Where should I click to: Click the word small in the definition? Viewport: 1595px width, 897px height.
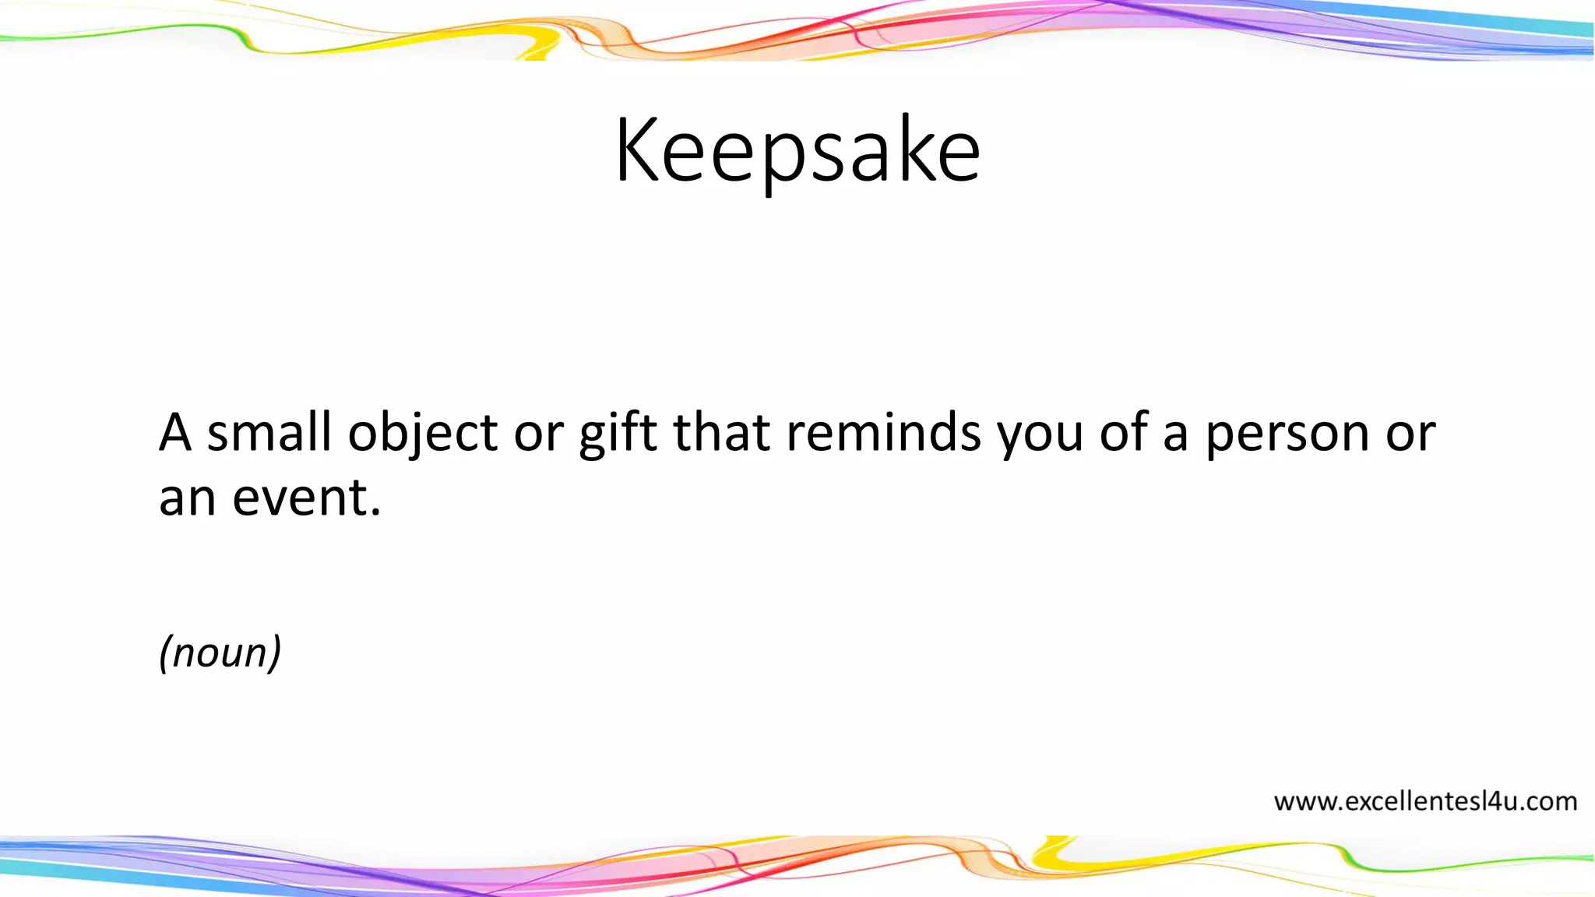click(269, 433)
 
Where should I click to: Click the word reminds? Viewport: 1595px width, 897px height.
click(883, 433)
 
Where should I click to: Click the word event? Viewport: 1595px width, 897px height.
click(300, 498)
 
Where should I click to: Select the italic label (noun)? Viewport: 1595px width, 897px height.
click(220, 653)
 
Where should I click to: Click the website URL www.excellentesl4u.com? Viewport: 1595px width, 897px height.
click(1425, 801)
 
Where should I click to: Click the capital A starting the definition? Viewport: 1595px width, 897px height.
click(175, 433)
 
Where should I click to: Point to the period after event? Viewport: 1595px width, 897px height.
click(376, 512)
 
